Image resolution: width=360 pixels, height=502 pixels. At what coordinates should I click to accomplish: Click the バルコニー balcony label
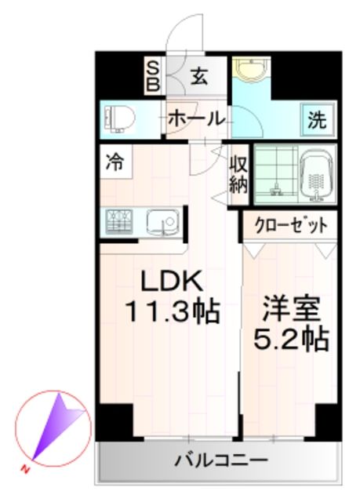(219, 460)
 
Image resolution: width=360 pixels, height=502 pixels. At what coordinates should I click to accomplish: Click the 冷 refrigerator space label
(115, 163)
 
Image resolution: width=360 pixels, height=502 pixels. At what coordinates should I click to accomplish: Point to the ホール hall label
(195, 119)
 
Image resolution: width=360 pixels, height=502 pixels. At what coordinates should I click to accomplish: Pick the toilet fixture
(119, 120)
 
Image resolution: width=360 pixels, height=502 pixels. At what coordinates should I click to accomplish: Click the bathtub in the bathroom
(318, 174)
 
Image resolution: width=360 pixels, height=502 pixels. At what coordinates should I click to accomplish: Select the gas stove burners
(118, 222)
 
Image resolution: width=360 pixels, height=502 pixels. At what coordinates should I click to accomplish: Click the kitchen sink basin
(162, 222)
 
